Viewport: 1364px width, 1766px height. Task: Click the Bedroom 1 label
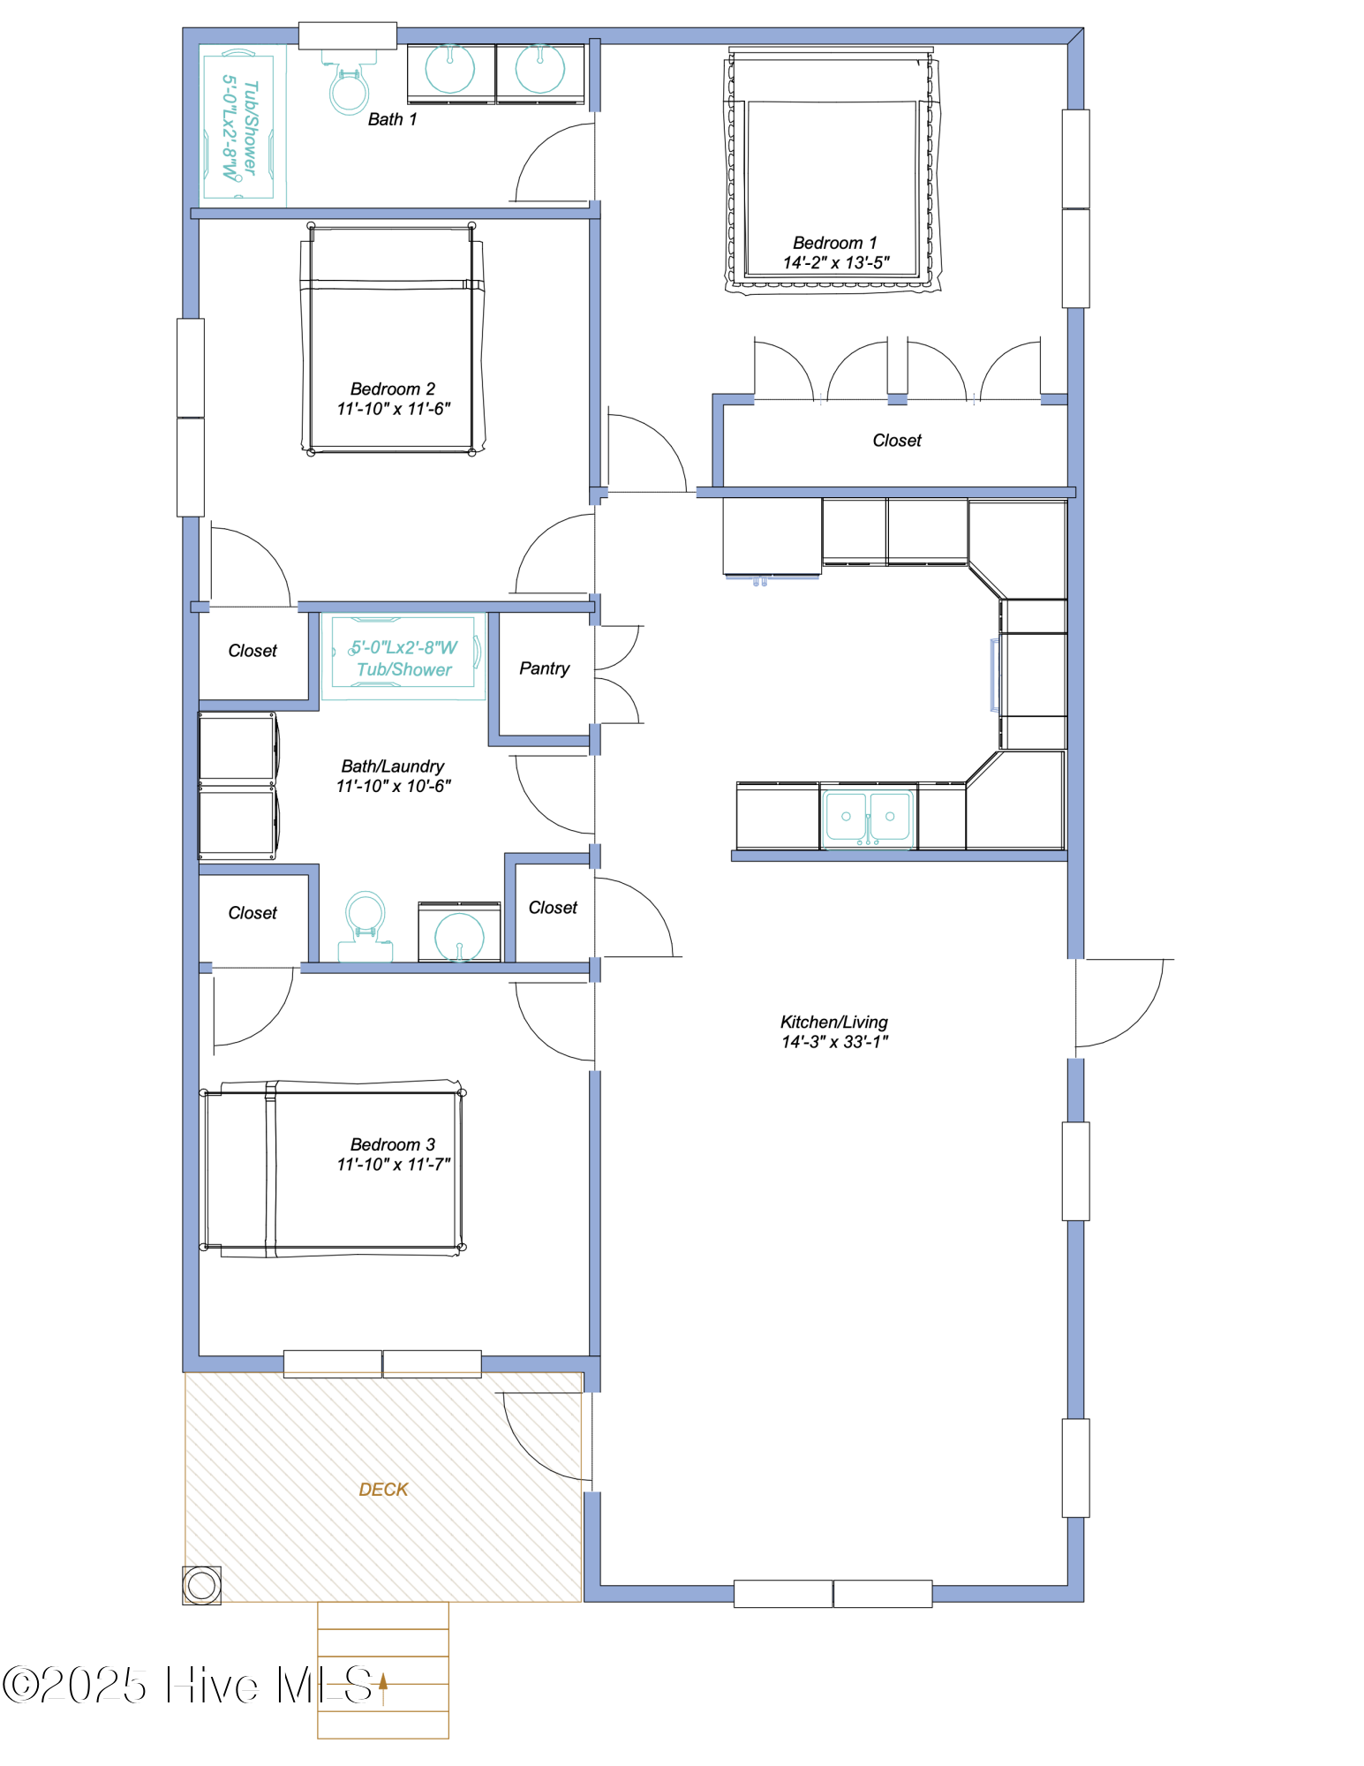coord(834,243)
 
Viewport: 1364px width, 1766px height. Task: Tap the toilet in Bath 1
coord(349,88)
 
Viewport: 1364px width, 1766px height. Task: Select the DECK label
coord(383,1490)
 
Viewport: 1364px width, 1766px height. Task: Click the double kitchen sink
coord(868,818)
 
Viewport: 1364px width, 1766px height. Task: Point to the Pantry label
coord(544,668)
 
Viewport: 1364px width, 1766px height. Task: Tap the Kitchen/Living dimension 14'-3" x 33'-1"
coord(834,1042)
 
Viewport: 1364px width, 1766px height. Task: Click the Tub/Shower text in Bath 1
coord(251,128)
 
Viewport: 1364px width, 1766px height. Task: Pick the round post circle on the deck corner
coord(201,1585)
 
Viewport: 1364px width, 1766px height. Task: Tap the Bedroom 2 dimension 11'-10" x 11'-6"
coord(393,409)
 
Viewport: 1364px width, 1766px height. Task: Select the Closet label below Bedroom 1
coord(896,441)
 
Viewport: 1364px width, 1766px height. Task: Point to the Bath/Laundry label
coord(392,766)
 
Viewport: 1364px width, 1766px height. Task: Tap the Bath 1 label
coord(392,119)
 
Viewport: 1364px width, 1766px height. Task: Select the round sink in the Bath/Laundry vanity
coord(459,936)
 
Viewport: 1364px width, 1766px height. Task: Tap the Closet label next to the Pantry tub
coord(252,651)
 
